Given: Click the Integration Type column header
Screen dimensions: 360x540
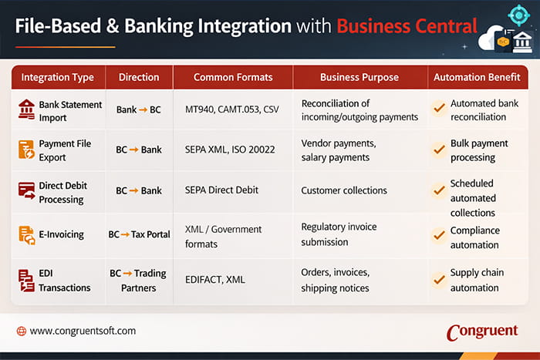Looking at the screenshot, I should [57, 77].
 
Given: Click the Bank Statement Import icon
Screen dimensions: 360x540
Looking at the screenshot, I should [26, 109].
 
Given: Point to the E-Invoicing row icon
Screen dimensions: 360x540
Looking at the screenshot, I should [26, 235].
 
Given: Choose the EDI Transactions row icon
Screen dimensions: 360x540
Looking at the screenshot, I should [26, 281].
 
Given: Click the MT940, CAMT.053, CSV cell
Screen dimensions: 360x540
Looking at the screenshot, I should [232, 109].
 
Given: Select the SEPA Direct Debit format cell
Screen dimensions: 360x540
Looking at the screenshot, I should [222, 190].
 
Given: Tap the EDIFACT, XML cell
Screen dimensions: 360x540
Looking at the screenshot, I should [215, 280].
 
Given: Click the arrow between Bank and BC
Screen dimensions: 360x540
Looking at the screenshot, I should [143, 110].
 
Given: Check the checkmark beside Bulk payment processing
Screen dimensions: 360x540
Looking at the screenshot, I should [438, 150].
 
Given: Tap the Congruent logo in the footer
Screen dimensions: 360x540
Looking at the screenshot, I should [481, 331].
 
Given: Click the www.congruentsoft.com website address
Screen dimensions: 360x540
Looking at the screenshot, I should [83, 331].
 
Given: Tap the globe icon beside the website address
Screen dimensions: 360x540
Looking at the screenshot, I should [21, 331].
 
